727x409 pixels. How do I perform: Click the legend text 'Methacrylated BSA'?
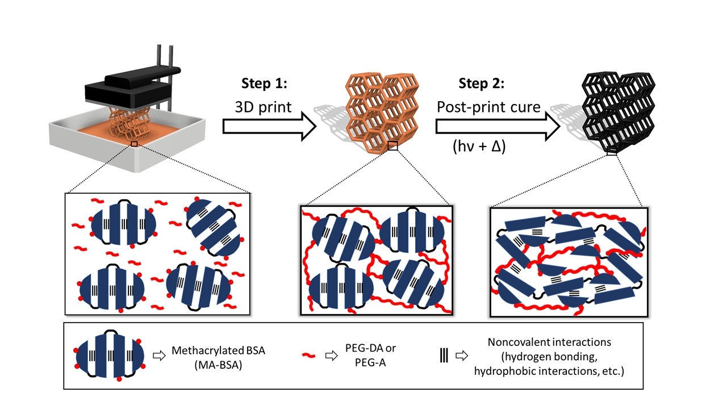pyautogui.click(x=218, y=350)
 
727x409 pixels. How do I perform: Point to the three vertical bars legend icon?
pyautogui.click(x=444, y=356)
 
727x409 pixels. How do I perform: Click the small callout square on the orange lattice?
pyautogui.click(x=392, y=147)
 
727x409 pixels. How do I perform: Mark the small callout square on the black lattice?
pyautogui.click(x=612, y=151)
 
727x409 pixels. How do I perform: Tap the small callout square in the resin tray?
pyautogui.click(x=134, y=144)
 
